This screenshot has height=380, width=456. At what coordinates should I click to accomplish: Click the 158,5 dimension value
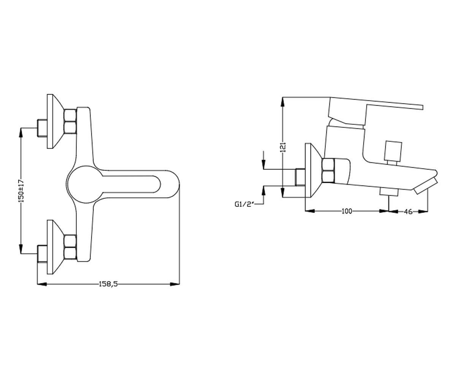pos(108,284)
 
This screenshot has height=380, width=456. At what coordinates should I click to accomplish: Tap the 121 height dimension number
pos(283,147)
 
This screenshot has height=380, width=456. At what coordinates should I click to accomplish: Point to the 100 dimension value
pos(347,211)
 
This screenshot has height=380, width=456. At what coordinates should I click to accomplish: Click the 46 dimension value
pos(408,211)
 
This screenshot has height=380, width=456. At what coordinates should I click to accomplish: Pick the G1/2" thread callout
pos(245,204)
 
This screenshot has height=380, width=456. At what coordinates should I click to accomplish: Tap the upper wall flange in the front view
pos(55,122)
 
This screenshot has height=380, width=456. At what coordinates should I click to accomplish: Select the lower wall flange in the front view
pos(55,247)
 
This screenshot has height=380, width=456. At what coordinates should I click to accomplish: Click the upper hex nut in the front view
pos(70,122)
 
